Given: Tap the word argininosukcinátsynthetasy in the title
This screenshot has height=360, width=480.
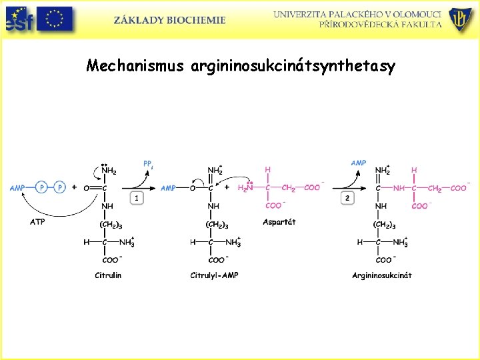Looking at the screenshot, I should (293, 67).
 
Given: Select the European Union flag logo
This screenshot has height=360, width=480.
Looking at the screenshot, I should (55, 20).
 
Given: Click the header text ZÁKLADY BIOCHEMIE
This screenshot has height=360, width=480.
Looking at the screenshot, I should (169, 21).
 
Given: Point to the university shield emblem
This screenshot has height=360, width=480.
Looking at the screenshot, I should (459, 20).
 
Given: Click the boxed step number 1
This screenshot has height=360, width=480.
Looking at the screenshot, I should (136, 198).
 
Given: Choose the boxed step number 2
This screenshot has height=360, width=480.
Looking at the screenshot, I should (347, 198).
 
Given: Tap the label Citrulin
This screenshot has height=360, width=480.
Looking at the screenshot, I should (108, 275).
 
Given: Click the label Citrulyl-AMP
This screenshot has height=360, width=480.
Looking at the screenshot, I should (214, 275).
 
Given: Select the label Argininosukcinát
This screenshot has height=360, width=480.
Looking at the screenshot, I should (382, 275).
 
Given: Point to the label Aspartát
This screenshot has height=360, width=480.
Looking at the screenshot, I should (279, 222).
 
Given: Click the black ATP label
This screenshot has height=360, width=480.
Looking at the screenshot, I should (37, 222).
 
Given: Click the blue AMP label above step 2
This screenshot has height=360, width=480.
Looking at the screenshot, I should (359, 163).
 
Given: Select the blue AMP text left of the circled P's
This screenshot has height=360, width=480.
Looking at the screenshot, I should (17, 188).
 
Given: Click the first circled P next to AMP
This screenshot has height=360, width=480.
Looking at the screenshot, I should (41, 188).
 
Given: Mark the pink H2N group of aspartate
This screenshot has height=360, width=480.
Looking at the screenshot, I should (245, 188).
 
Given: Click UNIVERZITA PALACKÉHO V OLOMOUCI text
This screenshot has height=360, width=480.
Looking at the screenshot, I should (357, 13).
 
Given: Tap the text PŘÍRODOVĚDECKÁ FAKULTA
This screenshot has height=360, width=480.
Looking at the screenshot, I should (380, 24).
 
